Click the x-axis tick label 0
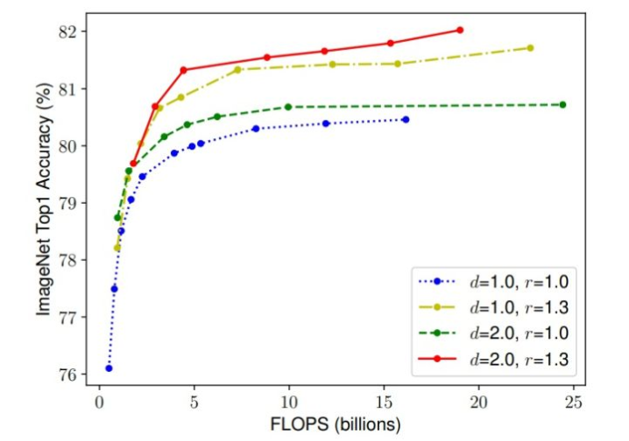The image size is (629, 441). [99, 402]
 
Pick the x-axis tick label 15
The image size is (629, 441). [383, 402]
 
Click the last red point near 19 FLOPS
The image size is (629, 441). [460, 30]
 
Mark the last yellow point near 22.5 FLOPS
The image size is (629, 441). [530, 47]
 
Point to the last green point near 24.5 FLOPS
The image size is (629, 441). [562, 105]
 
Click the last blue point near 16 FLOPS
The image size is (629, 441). [406, 119]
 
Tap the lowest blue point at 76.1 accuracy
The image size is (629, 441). [109, 368]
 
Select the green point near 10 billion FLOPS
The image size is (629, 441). [288, 107]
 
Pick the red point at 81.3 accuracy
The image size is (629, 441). [184, 70]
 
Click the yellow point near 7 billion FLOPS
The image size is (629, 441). [237, 69]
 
